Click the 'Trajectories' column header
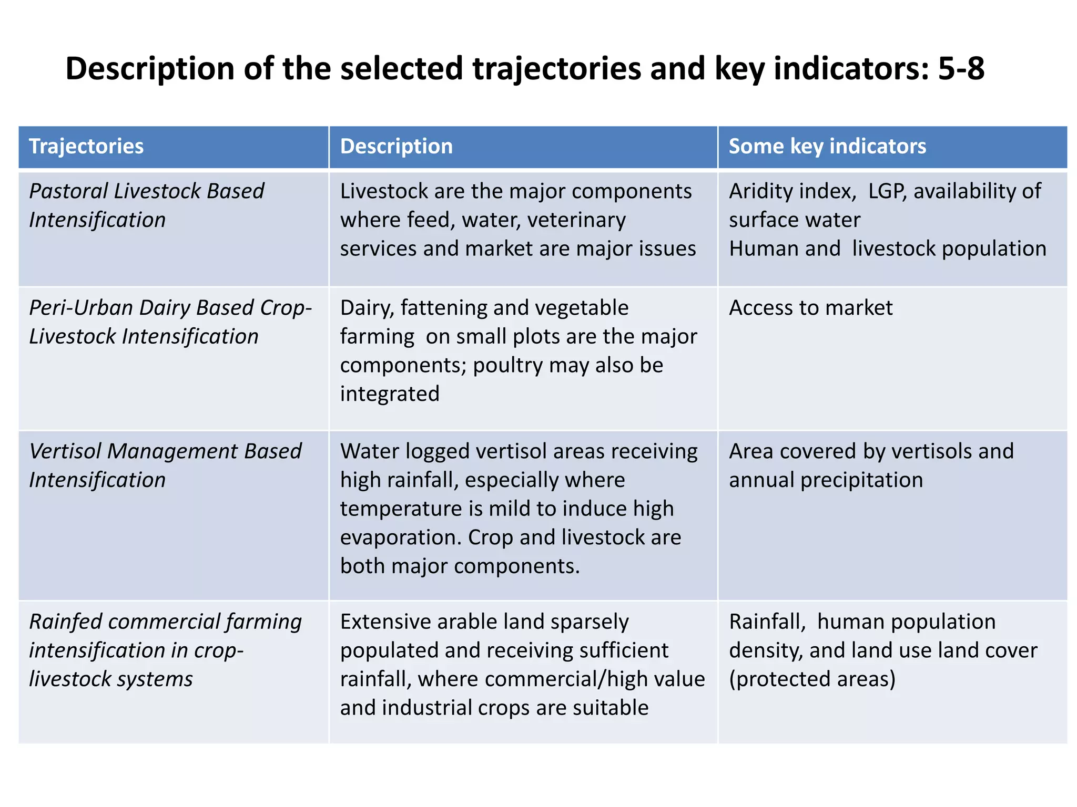coord(86,147)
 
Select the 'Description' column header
coord(396,147)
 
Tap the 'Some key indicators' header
coord(827,147)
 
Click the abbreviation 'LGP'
coord(888,191)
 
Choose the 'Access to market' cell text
coord(810,308)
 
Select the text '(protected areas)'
coord(812,679)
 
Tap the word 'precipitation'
coord(861,480)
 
